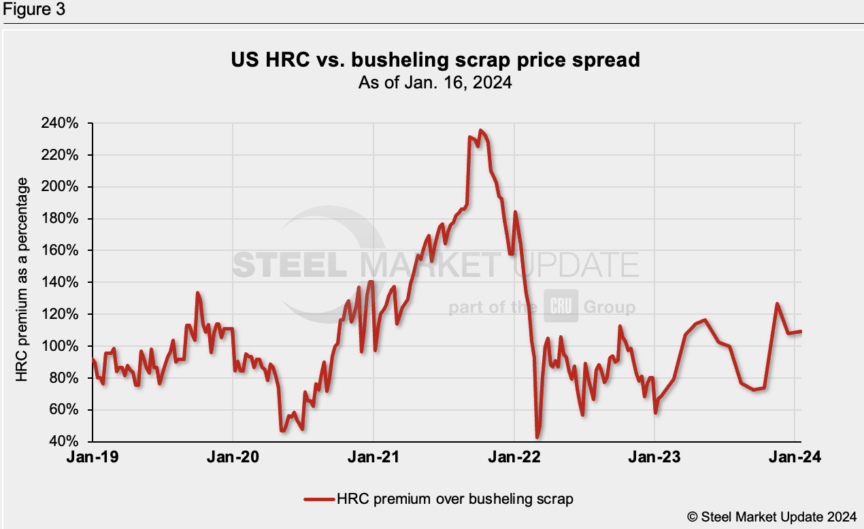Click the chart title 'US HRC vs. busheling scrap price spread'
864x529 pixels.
pyautogui.click(x=435, y=61)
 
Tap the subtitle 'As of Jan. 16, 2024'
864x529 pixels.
pyautogui.click(x=435, y=83)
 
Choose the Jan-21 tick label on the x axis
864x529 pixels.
pyautogui.click(x=373, y=458)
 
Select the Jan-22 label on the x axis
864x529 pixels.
pyautogui.click(x=514, y=458)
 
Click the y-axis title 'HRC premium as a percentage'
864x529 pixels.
pyautogui.click(x=22, y=279)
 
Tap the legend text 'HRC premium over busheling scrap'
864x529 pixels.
pyautogui.click(x=455, y=499)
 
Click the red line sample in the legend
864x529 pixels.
pyautogui.click(x=319, y=499)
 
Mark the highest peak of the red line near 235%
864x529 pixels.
pyautogui.click(x=481, y=130)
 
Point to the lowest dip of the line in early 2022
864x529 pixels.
pyautogui.click(x=537, y=437)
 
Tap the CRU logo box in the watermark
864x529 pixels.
pyautogui.click(x=561, y=307)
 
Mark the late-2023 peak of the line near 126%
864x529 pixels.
pyautogui.click(x=777, y=304)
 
